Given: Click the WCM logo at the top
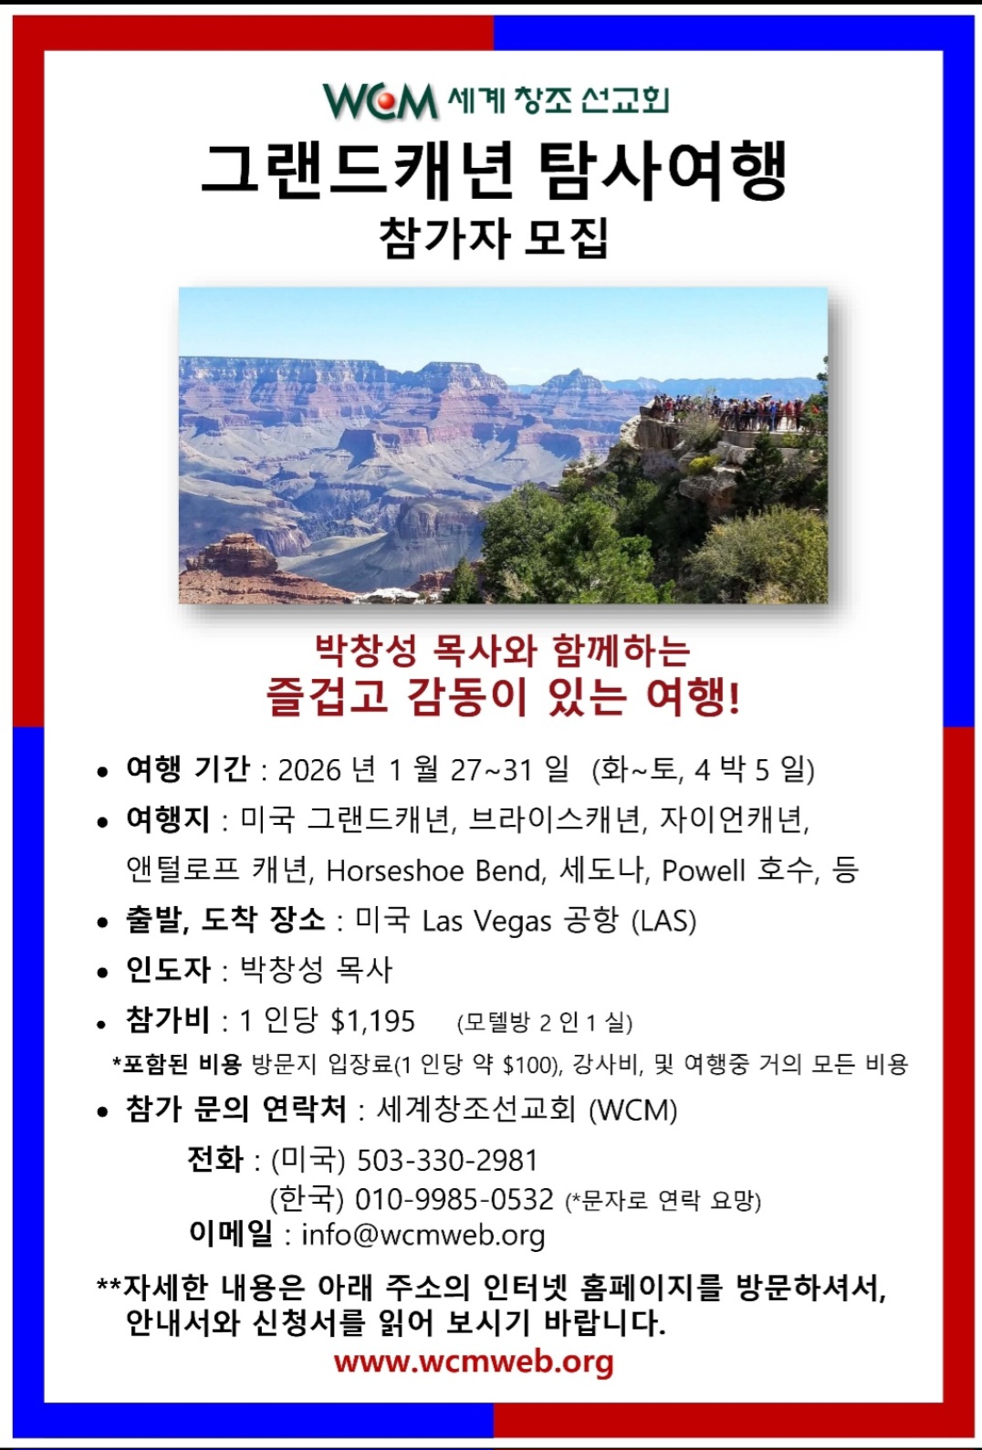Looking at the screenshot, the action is (381, 100).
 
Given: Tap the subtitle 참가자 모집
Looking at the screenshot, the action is (493, 238).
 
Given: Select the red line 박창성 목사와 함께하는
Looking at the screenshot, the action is (502, 652).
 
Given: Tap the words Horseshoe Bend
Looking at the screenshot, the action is (434, 871).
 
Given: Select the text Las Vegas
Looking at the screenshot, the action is (486, 921).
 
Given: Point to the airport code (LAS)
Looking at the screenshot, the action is (663, 921).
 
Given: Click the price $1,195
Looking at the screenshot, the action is (372, 1021).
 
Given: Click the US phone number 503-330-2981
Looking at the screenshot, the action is (447, 1160).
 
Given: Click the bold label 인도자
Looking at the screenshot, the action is (168, 970).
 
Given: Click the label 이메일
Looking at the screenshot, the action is (231, 1234).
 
